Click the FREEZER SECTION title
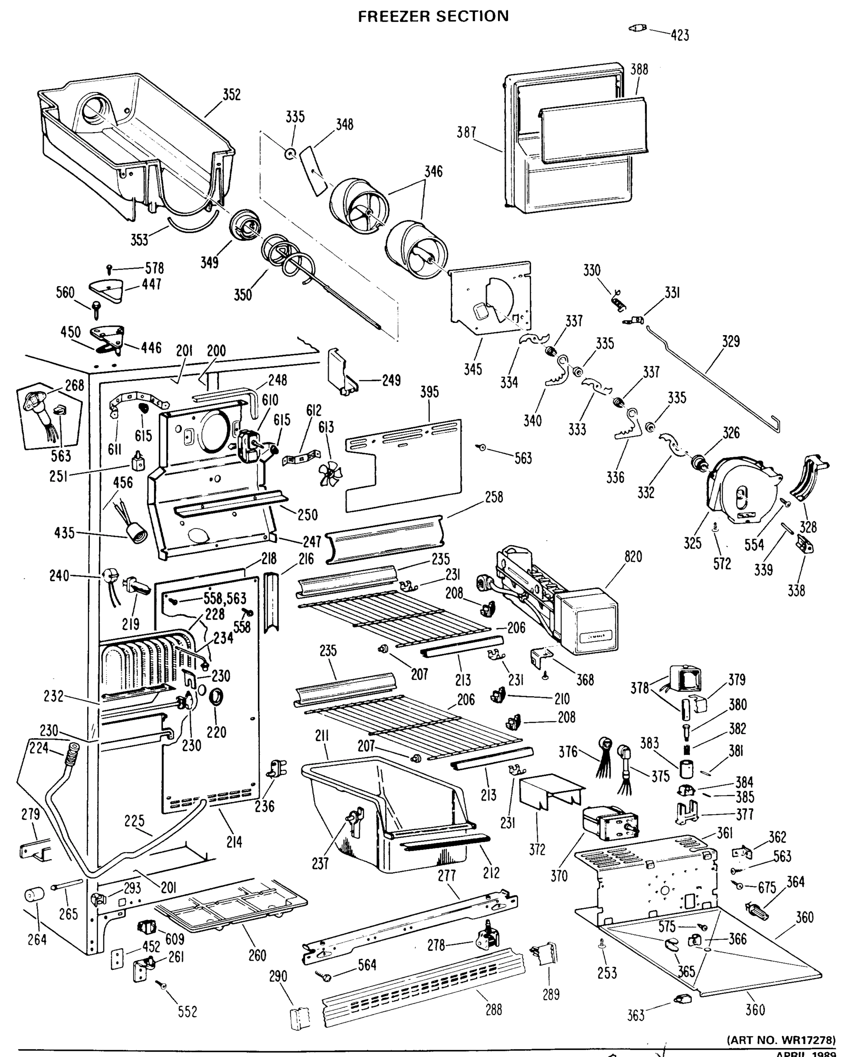click(x=433, y=16)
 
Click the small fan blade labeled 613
click(x=331, y=474)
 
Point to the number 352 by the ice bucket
click(x=231, y=95)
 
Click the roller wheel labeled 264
click(x=34, y=894)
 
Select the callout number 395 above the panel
click(x=429, y=392)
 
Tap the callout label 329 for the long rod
click(x=730, y=341)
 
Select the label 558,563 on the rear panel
click(x=225, y=598)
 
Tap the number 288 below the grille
click(x=493, y=1009)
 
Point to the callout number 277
click(x=447, y=875)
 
